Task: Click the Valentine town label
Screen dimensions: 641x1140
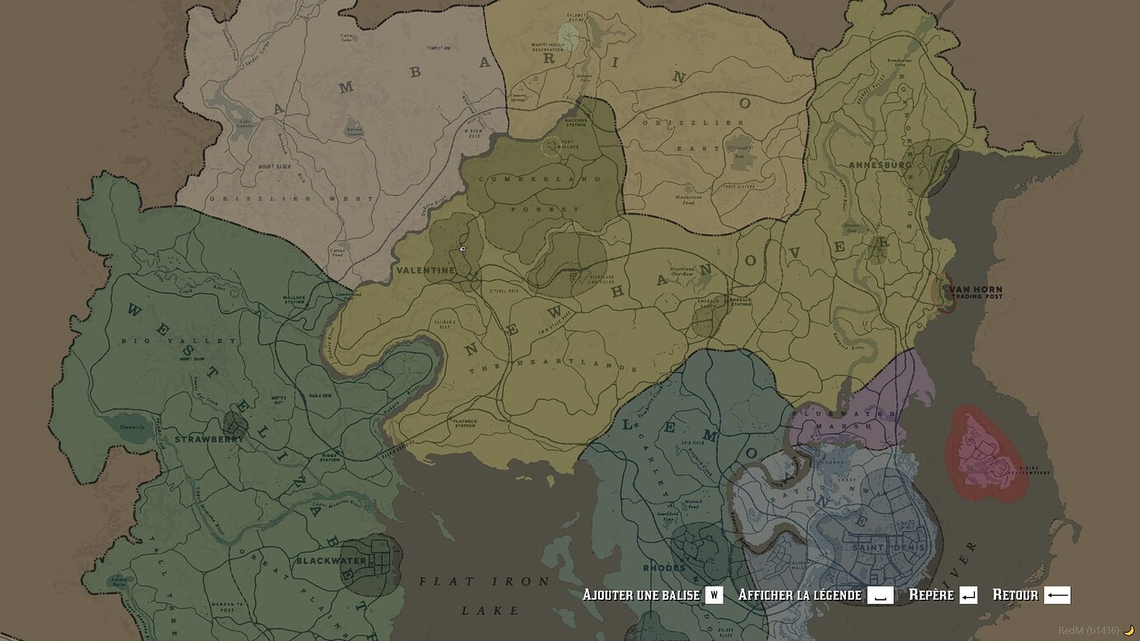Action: tap(425, 270)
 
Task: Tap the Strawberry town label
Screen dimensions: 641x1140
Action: tap(209, 439)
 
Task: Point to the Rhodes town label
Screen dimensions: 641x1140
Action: tap(664, 568)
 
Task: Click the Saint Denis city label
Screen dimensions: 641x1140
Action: tap(886, 547)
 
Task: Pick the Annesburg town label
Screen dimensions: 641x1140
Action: tap(880, 165)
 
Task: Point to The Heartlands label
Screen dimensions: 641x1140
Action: tap(577, 364)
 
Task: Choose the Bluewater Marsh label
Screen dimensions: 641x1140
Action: tap(844, 419)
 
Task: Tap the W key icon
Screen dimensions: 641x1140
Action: tap(714, 595)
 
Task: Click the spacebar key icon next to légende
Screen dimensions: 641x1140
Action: tap(880, 595)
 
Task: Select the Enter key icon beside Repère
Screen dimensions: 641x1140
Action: tap(968, 595)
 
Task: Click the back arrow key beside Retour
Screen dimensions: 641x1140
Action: tap(1057, 595)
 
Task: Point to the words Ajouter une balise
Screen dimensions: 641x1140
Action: tap(641, 595)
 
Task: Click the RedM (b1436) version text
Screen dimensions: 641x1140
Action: tap(1088, 630)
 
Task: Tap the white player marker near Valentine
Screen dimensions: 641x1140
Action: tap(463, 249)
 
